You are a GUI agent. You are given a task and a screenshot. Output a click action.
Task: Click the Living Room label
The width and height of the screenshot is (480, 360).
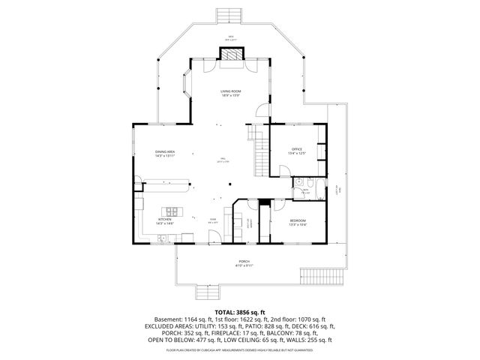(x=229, y=92)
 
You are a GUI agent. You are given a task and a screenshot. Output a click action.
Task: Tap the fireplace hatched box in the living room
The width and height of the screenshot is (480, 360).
(x=230, y=55)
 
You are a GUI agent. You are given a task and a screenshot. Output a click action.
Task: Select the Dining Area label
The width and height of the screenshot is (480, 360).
(x=165, y=154)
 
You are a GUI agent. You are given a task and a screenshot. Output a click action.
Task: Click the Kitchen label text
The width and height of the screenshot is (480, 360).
(x=165, y=221)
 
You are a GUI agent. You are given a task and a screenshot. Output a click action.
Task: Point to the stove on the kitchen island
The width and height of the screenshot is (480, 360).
(x=173, y=211)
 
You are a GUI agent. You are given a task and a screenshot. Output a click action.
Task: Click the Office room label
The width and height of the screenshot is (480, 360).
(x=296, y=151)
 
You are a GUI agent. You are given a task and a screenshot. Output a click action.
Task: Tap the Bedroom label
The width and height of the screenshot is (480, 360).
(x=298, y=222)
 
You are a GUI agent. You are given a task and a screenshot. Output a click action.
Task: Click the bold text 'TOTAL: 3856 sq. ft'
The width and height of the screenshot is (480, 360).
(x=239, y=312)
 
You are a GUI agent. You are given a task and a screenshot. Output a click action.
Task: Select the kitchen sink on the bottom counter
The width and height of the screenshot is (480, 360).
(x=165, y=239)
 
